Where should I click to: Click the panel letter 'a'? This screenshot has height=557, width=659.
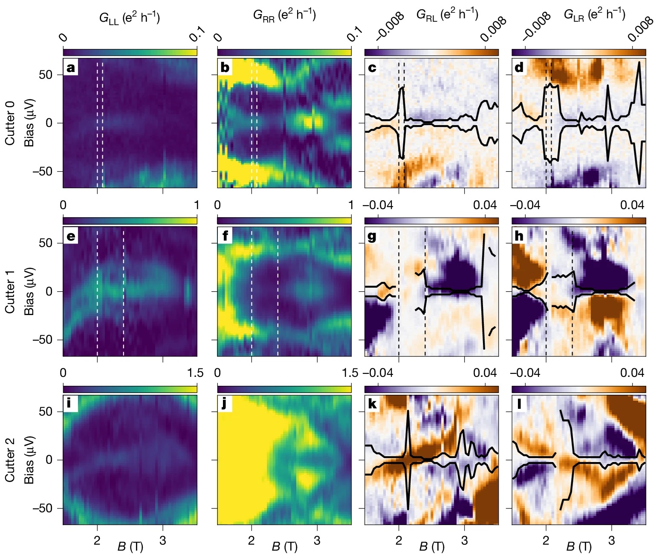70,68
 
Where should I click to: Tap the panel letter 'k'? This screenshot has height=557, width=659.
372,404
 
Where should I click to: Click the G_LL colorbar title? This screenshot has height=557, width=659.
130,17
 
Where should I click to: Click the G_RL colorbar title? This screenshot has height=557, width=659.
447,14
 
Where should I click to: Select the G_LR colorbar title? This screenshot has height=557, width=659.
595,14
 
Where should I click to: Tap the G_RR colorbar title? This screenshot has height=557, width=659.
284,14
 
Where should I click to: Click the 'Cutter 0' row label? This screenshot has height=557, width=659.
10,123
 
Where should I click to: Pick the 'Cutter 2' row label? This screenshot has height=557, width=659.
10,459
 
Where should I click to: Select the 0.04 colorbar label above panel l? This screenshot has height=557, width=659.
632,373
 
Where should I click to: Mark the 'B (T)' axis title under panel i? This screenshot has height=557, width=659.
130,547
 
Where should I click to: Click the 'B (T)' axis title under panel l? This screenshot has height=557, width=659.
579,547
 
